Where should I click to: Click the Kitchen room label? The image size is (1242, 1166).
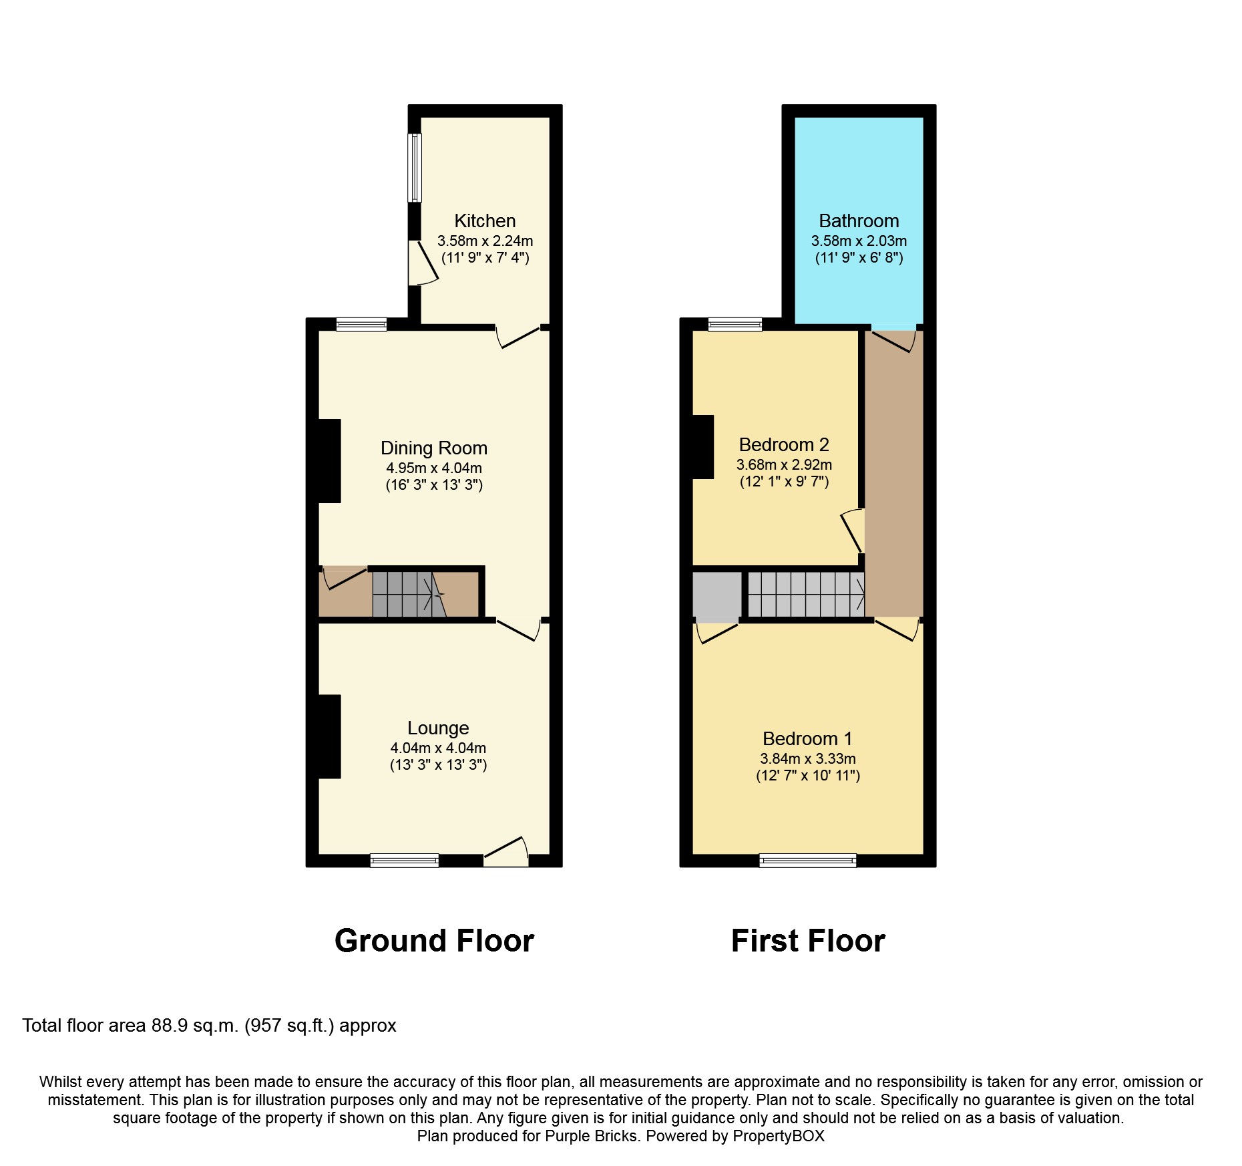point(485,221)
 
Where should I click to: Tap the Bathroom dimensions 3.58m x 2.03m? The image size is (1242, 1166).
point(859,241)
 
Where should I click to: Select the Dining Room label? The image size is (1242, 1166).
point(434,448)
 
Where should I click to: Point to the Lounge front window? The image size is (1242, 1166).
point(405,861)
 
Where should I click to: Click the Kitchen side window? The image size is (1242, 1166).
point(415,168)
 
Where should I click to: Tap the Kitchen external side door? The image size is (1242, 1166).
point(422,263)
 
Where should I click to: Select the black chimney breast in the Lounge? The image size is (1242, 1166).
point(329,736)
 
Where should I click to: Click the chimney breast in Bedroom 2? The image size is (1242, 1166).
point(703,447)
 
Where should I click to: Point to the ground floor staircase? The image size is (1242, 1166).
point(407,593)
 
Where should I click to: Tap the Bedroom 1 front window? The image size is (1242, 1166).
point(807,861)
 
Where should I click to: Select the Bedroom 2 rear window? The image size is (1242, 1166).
point(735,325)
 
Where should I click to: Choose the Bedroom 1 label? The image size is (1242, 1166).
point(807,739)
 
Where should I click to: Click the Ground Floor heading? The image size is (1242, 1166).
point(434,941)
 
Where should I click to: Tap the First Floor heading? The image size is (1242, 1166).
point(807,941)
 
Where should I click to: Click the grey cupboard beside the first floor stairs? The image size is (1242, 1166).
point(716,594)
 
